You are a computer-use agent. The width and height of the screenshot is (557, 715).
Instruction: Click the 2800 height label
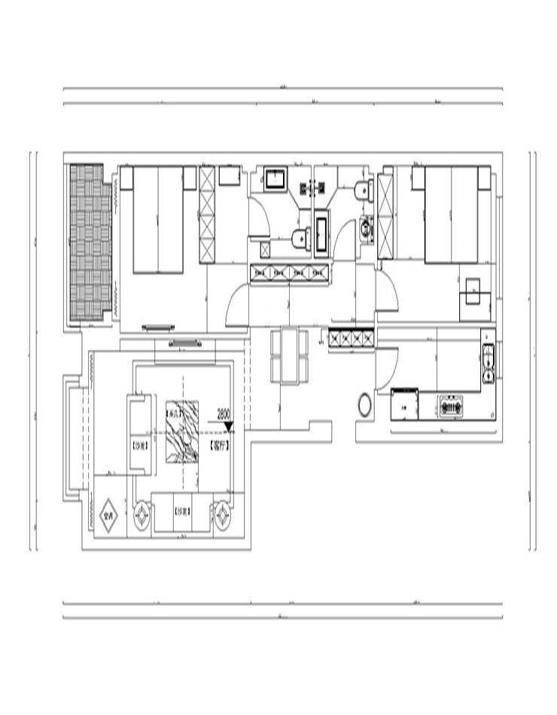224,414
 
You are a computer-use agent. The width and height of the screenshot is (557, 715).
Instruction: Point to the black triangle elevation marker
229,427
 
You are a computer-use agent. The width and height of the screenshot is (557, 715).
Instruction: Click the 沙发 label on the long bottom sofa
181,512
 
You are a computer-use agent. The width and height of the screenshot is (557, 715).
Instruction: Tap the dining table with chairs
288,355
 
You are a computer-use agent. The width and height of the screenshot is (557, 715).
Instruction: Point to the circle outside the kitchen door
364,404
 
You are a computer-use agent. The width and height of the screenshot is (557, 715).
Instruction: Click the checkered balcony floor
90,241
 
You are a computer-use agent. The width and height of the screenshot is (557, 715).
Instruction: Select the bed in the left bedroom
158,219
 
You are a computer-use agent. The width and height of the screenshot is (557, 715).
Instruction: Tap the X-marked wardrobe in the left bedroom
207,214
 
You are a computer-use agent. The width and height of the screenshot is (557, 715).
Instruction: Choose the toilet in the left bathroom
300,239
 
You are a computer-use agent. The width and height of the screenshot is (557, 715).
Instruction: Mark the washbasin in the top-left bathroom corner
274,179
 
